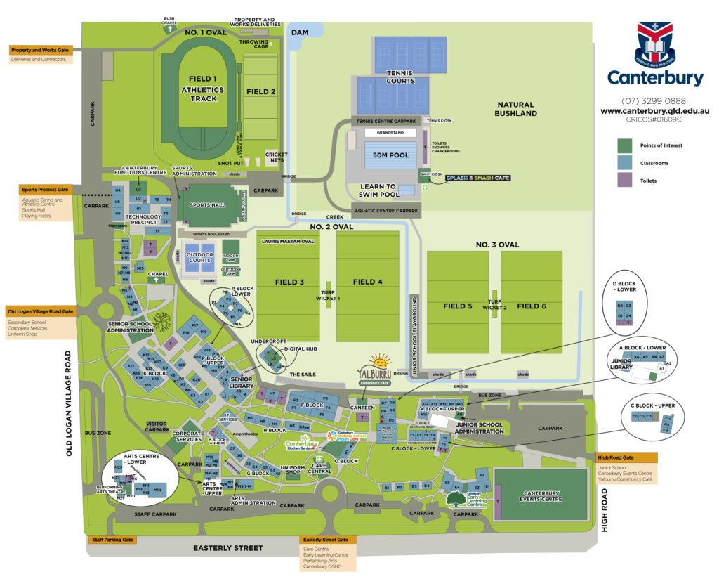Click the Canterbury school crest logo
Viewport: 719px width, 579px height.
[x=654, y=43]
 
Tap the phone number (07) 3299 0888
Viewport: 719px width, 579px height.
[x=654, y=100]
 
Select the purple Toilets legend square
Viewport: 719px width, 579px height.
[x=624, y=181]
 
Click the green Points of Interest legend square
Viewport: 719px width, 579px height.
[x=624, y=145]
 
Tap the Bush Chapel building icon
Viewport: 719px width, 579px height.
[x=169, y=29]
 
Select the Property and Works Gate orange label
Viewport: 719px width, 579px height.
[x=41, y=50]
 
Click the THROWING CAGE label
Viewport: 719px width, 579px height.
[x=254, y=44]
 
